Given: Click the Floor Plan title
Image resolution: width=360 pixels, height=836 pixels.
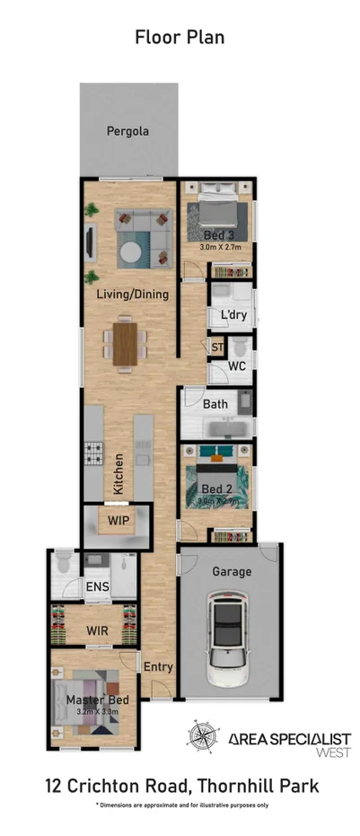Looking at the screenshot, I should click(x=180, y=37).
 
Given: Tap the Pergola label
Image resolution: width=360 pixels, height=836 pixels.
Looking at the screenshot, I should click(x=127, y=131).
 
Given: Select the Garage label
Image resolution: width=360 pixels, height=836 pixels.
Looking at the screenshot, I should click(x=231, y=572).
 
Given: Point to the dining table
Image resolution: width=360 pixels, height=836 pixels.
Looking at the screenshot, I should click(x=127, y=341).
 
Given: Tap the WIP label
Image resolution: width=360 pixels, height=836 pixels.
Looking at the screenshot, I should click(x=119, y=520).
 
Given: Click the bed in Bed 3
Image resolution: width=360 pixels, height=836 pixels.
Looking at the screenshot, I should click(x=216, y=215).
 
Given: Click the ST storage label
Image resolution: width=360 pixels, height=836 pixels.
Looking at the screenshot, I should click(x=216, y=347).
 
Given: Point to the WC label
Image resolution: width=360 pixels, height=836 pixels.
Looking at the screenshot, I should click(x=237, y=366).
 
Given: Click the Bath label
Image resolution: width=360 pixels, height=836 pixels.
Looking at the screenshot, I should click(x=215, y=404).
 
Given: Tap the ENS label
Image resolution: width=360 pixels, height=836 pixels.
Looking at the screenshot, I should click(x=97, y=587).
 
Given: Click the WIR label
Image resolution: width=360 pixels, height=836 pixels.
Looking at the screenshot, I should click(x=98, y=631).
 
